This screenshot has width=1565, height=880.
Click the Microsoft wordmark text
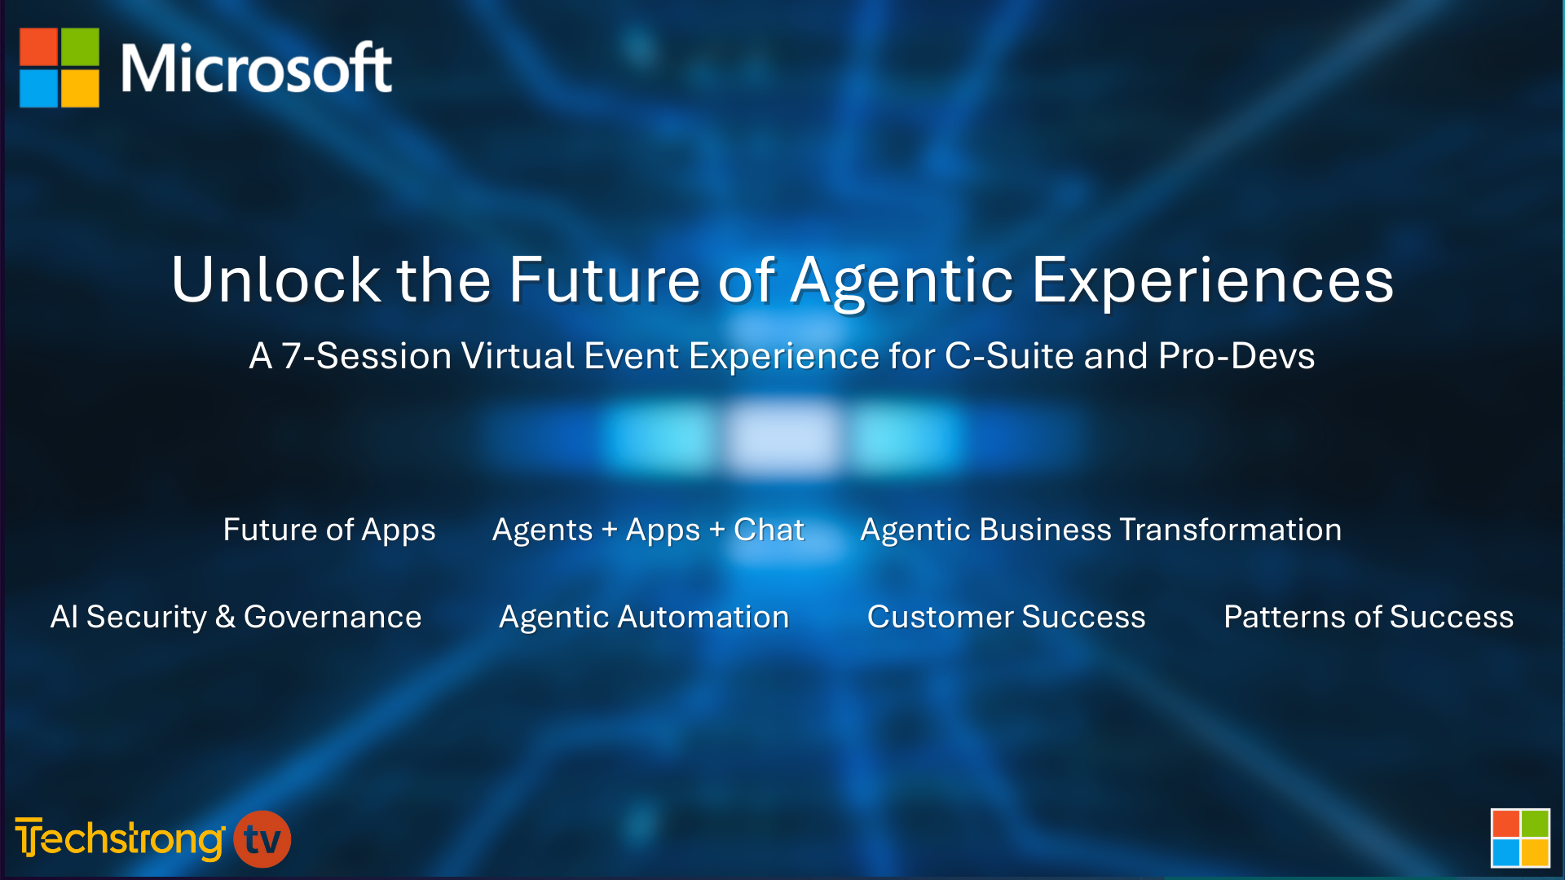(256, 68)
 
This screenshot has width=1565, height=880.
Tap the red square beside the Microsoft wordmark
(38, 46)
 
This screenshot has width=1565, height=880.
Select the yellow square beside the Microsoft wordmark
(80, 88)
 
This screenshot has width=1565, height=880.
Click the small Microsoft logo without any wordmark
(1520, 838)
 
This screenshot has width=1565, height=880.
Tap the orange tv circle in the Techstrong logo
(262, 839)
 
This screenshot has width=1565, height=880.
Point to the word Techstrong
(120, 838)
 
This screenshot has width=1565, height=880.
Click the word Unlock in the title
(276, 279)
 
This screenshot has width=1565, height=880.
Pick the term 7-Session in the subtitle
(366, 355)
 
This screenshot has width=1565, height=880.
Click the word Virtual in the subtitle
(518, 355)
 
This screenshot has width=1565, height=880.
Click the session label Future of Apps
(329, 530)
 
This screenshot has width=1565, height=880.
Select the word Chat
(769, 530)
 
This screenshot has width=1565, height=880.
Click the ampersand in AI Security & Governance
(225, 617)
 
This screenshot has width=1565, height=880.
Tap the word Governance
(333, 617)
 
